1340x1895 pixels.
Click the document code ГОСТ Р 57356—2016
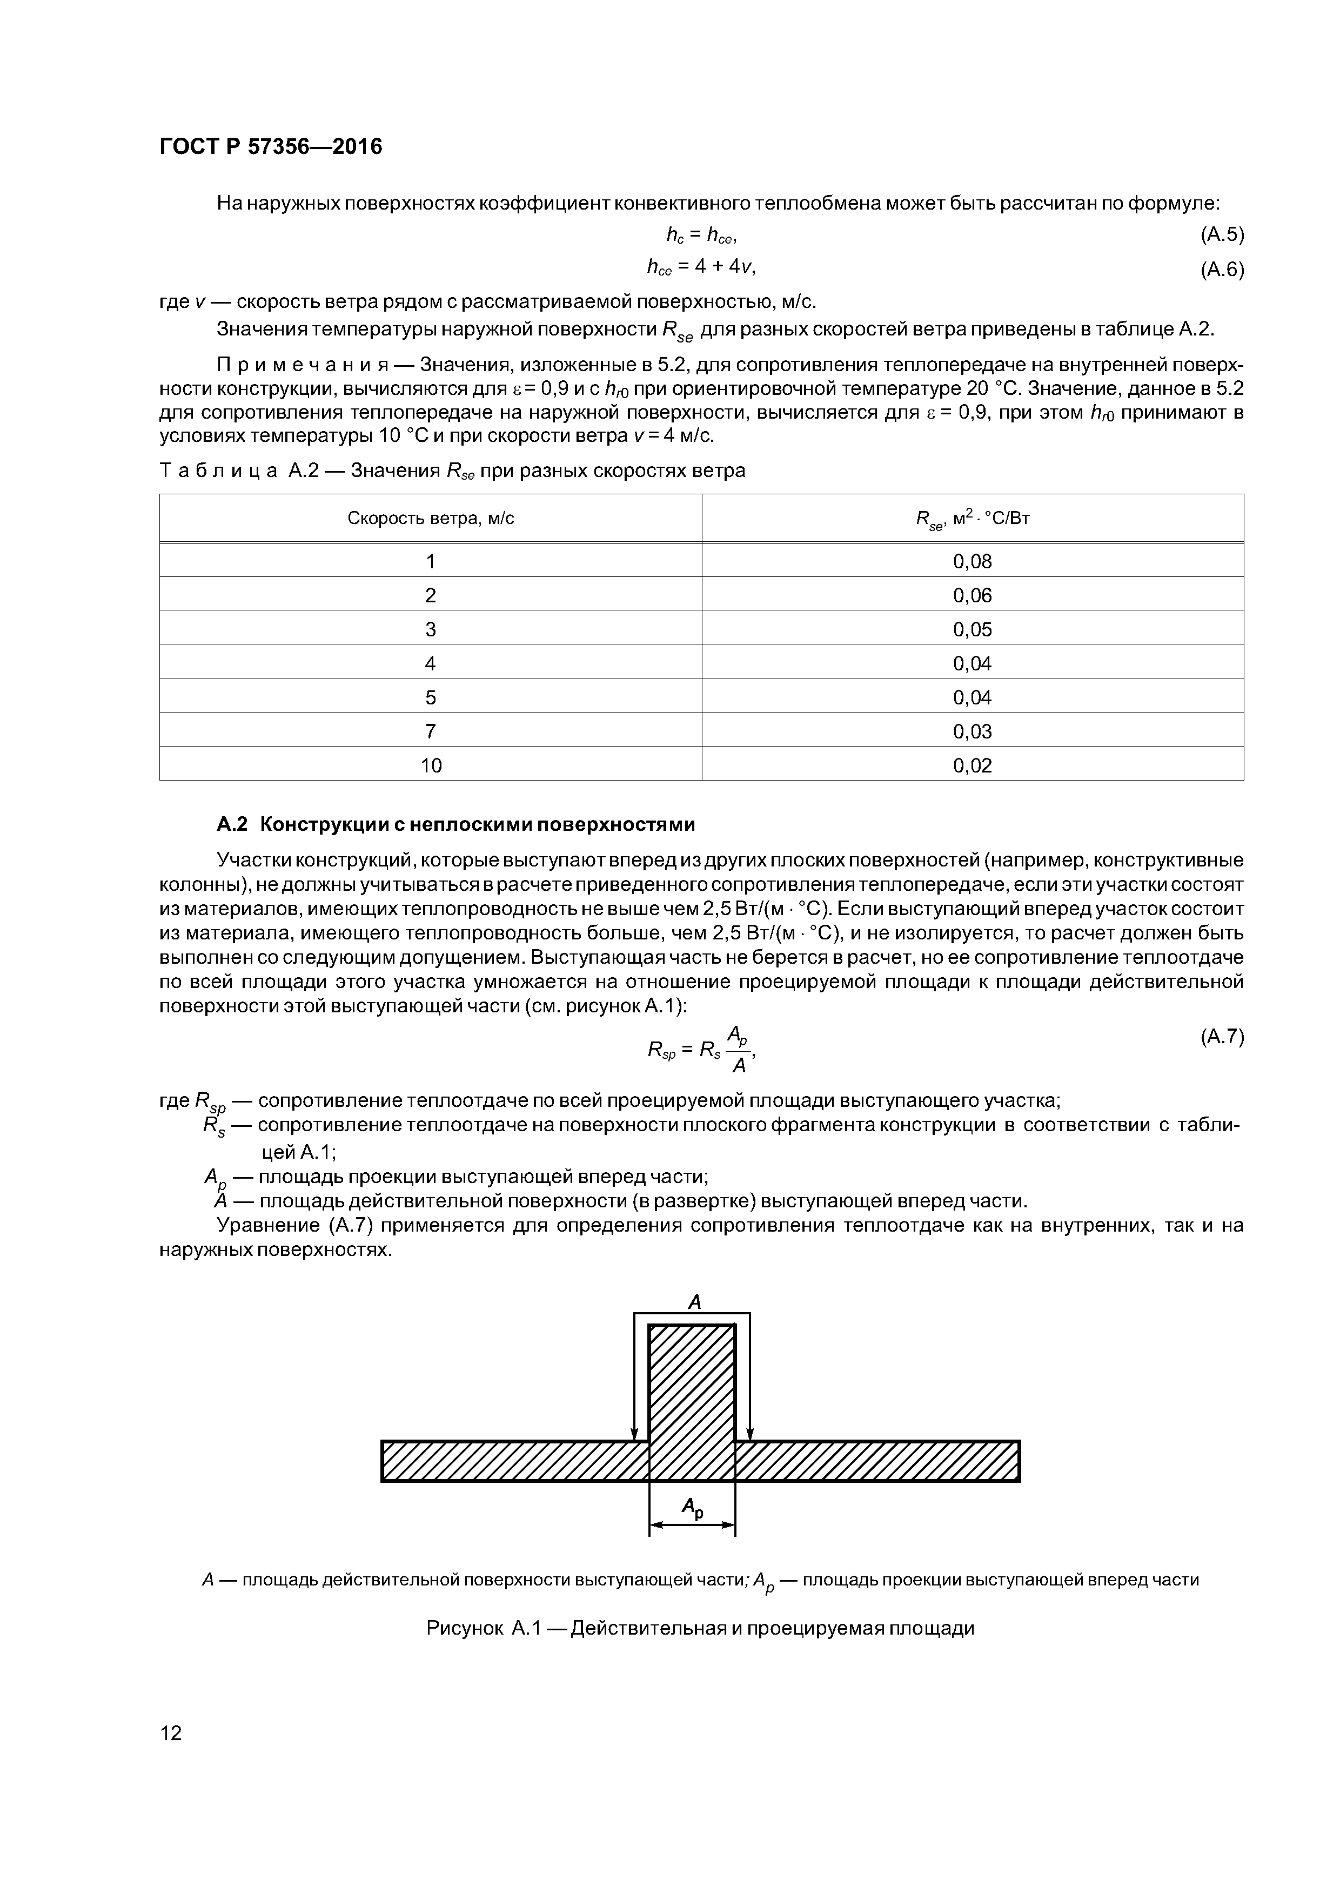tap(270, 147)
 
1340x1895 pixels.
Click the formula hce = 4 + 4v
tap(701, 267)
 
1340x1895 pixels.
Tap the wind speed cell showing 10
tap(431, 765)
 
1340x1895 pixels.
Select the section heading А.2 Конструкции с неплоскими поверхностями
tap(455, 824)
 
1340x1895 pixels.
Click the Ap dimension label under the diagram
tap(692, 1508)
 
